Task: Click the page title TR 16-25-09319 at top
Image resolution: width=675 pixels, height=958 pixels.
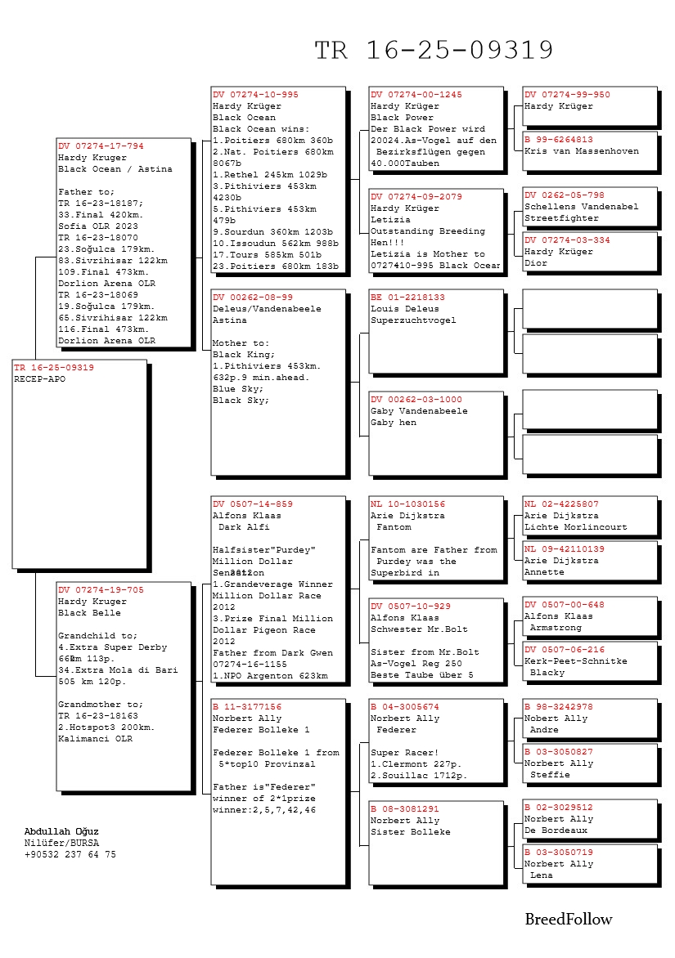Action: click(x=434, y=51)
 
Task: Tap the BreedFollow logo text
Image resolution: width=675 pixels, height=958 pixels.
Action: click(x=568, y=920)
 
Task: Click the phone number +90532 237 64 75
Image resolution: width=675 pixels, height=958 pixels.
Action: click(x=70, y=854)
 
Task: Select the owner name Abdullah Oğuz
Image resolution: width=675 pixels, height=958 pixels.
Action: click(x=61, y=831)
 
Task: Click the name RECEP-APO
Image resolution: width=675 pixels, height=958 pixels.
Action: click(x=39, y=379)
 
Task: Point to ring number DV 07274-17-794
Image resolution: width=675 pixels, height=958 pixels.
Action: click(x=100, y=146)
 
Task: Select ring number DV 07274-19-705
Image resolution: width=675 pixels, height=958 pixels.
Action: click(x=100, y=590)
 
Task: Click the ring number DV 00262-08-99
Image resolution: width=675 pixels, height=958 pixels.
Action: click(x=252, y=298)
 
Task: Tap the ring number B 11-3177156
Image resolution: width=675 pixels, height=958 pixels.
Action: click(x=246, y=707)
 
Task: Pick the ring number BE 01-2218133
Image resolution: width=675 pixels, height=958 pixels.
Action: click(x=407, y=298)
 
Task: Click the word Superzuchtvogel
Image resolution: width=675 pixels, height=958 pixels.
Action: click(x=413, y=320)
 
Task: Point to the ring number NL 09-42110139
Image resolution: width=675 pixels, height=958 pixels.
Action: click(x=564, y=549)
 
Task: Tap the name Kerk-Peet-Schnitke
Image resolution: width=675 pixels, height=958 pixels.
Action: click(x=575, y=661)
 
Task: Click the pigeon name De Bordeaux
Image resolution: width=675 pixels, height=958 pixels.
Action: click(x=556, y=830)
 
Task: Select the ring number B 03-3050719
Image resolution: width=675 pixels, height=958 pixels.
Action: click(x=558, y=853)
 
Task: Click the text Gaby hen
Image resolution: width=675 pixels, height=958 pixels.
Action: click(x=393, y=423)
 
